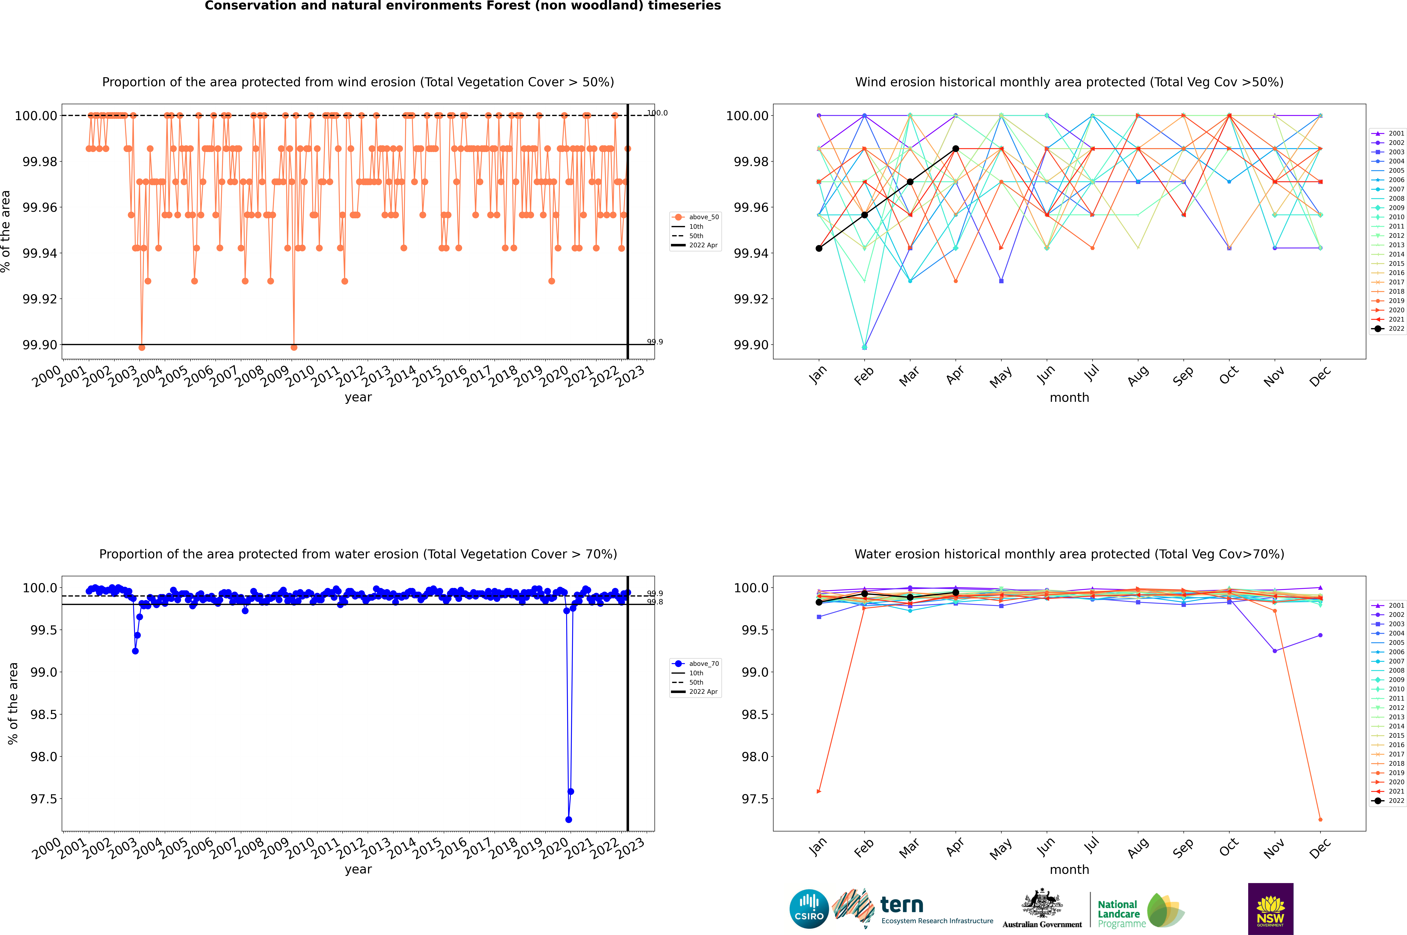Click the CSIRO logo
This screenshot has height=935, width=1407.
point(809,909)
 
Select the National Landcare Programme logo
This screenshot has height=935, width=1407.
point(1140,911)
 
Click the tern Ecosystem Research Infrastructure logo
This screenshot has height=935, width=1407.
point(912,909)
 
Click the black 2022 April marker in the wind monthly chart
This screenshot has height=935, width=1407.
point(956,148)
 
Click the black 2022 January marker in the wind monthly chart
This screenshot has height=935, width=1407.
point(819,248)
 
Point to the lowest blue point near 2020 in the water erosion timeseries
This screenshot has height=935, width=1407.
point(568,819)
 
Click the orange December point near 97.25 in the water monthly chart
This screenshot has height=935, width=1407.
point(1320,819)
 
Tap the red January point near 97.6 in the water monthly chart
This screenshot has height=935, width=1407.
point(819,791)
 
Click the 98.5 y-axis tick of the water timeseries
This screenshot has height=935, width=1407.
point(44,714)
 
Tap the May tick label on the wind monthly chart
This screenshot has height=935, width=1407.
point(1000,377)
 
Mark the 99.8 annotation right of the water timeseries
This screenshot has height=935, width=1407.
point(655,602)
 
